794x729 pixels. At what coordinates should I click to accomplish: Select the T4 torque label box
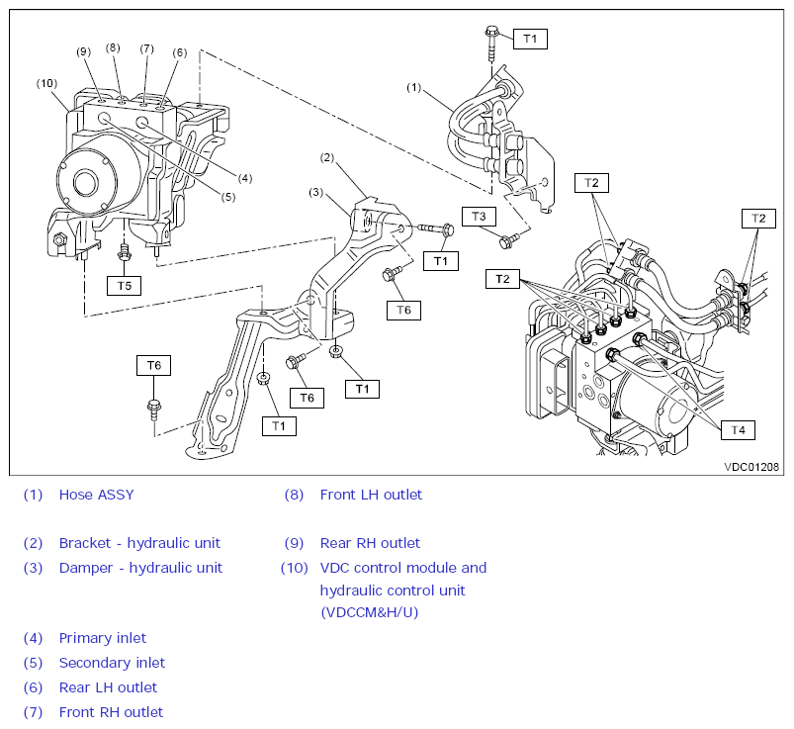click(737, 429)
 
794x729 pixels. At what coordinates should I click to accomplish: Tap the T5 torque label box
click(124, 285)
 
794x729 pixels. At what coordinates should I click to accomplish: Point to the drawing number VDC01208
click(750, 466)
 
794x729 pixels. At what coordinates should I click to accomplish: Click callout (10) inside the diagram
click(47, 83)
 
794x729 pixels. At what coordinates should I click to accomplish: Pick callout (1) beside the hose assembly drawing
click(414, 87)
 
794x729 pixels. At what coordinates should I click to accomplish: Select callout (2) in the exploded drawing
click(327, 157)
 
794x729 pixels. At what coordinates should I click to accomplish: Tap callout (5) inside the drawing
click(228, 196)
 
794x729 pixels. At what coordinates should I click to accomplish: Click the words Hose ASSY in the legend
click(96, 495)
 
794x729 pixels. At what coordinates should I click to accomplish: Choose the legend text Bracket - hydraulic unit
click(139, 543)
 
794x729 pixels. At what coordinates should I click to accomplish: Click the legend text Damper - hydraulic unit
click(140, 568)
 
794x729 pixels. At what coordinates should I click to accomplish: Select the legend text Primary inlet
click(103, 638)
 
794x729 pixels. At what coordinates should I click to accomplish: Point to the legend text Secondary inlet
click(112, 663)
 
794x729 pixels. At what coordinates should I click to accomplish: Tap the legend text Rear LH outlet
click(108, 687)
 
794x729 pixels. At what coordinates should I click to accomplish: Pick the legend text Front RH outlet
click(111, 712)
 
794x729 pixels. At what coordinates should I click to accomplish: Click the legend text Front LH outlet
click(371, 495)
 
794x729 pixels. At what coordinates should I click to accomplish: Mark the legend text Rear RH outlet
click(370, 543)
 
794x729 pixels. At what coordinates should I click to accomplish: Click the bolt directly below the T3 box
click(507, 239)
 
